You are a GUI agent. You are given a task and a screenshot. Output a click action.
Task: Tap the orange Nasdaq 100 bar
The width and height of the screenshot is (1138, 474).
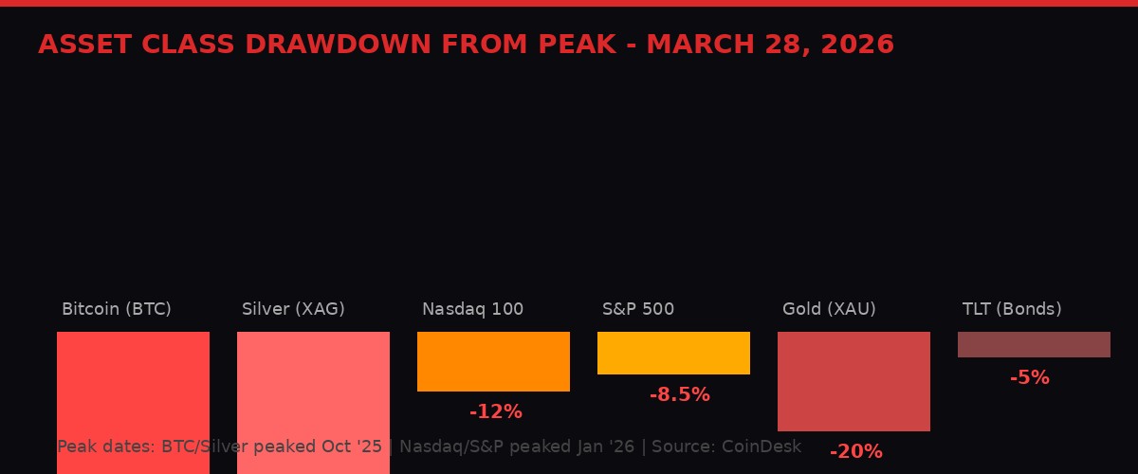[x=493, y=361]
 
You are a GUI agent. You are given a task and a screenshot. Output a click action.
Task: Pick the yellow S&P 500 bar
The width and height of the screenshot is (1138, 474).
[x=673, y=353]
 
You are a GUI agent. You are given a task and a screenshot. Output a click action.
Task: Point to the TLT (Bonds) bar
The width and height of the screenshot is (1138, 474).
[x=1034, y=344]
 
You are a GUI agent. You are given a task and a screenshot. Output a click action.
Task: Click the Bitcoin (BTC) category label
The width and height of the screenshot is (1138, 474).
[x=117, y=309]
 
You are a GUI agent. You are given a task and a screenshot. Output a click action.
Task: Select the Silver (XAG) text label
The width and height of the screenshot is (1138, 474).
[x=293, y=309]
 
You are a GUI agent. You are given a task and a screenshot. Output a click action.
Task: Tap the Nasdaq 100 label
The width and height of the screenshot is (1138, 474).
[x=472, y=309]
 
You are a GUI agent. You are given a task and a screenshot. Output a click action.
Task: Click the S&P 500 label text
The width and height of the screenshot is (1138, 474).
[x=638, y=309]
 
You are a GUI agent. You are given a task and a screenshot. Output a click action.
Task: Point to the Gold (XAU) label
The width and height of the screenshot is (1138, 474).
[x=829, y=309]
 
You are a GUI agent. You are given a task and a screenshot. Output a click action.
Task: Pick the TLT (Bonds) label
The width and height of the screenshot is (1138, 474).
[x=1012, y=309]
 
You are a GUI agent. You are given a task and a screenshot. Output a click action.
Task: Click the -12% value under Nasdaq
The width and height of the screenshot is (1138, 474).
[x=496, y=411]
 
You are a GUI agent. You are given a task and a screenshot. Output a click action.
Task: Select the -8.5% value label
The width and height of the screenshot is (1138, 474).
[x=680, y=394]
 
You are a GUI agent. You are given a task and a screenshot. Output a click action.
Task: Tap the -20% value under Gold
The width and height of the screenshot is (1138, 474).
[x=856, y=451]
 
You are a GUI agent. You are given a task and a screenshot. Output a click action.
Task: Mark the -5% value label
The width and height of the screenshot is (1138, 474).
[x=1030, y=377]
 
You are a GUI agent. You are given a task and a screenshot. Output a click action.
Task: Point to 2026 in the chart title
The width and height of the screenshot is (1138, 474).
[x=857, y=45]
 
